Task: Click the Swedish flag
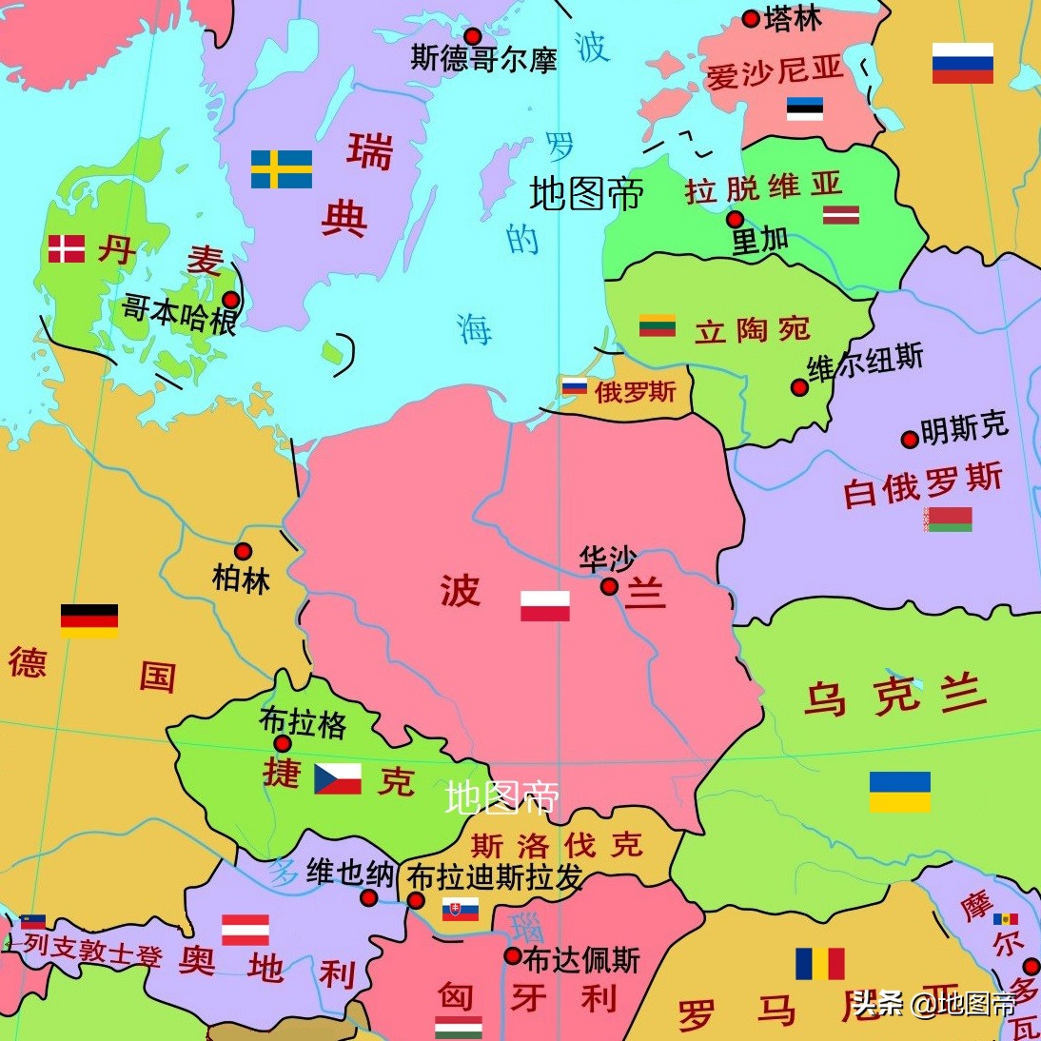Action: pos(282,169)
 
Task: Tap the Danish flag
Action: pos(67,249)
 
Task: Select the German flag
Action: pos(89,620)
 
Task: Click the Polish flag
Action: pos(545,606)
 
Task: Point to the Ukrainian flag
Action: pos(899,792)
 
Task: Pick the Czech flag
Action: pos(338,778)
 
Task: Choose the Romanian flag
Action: pos(820,963)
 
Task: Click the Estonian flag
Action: pos(805,108)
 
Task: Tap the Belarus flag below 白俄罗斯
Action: pos(948,519)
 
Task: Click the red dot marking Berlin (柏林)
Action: pos(244,552)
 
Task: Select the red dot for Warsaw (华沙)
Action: pos(609,587)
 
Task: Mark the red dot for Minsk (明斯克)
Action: pos(910,440)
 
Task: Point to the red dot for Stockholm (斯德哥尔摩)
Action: pos(472,37)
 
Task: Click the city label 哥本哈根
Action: pos(179,314)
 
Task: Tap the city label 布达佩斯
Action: pos(581,960)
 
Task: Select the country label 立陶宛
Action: pos(752,330)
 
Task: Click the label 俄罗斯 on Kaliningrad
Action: pos(635,391)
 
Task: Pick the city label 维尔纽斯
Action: pos(865,363)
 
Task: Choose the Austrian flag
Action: pos(246,930)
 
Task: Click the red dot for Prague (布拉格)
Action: pos(283,744)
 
